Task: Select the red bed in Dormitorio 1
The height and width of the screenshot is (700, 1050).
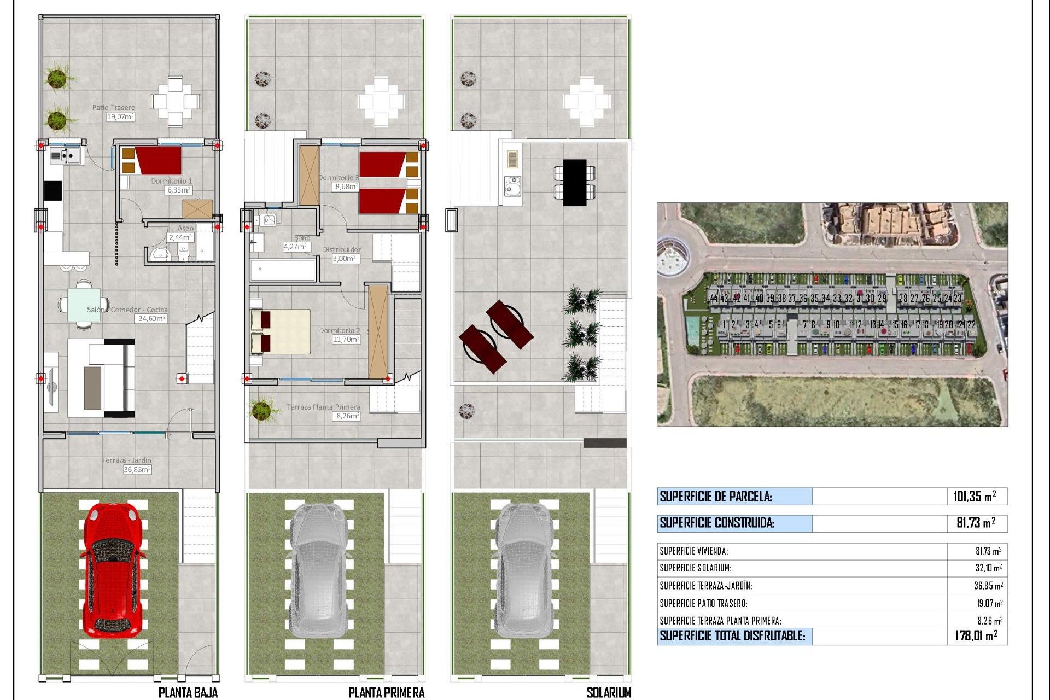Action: (x=158, y=160)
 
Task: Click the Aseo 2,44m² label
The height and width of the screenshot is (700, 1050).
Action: (x=181, y=233)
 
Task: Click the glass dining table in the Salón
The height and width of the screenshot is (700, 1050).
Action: (x=84, y=305)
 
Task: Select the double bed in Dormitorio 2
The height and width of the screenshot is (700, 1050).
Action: (x=280, y=331)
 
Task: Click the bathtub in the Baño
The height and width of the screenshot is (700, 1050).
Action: (x=283, y=270)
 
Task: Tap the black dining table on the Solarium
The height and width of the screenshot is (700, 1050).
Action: (x=574, y=182)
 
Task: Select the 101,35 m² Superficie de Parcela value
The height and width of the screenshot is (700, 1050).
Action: (x=974, y=497)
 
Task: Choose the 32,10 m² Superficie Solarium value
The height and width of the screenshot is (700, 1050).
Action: (x=988, y=568)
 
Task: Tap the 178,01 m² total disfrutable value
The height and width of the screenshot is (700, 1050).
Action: (x=976, y=636)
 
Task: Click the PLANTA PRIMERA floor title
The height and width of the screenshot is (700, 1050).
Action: (x=386, y=692)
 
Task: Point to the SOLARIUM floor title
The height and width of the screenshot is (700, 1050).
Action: (x=608, y=692)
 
